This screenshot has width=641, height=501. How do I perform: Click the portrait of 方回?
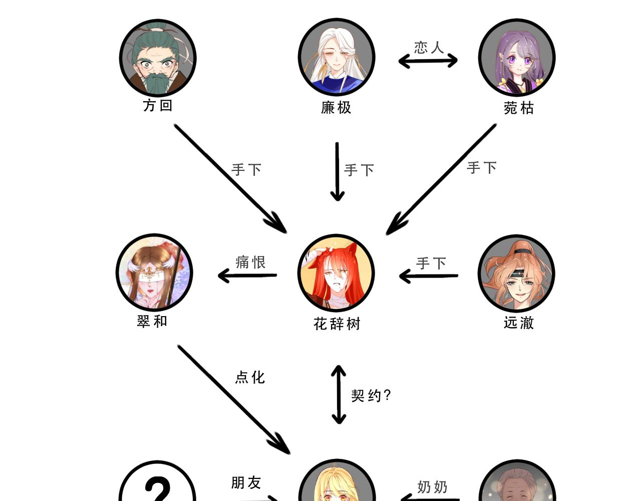[x=158, y=58]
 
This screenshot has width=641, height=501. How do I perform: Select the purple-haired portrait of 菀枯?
[x=516, y=58]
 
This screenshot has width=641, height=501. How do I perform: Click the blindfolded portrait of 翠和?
[x=154, y=273]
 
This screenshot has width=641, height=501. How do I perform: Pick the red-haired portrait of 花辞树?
[x=336, y=273]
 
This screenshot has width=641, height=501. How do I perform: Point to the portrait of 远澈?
[x=516, y=274]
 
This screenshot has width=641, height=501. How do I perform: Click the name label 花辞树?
[x=337, y=324]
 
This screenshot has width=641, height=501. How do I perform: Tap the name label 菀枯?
[x=519, y=108]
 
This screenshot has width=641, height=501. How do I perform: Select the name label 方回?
[x=158, y=106]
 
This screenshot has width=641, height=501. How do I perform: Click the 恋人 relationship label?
[x=429, y=48]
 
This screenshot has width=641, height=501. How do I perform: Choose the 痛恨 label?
[x=250, y=262]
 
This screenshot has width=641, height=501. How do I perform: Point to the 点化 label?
[x=250, y=377]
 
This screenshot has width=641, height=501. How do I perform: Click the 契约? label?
[x=371, y=396]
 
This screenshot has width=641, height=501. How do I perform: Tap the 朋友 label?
[x=246, y=482]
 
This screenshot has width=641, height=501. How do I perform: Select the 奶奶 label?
[x=432, y=486]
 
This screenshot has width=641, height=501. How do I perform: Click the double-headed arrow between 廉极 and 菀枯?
[x=428, y=61]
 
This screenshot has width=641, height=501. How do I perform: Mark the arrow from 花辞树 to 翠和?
[x=247, y=276]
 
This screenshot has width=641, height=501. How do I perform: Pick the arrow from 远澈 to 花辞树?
[x=429, y=276]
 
